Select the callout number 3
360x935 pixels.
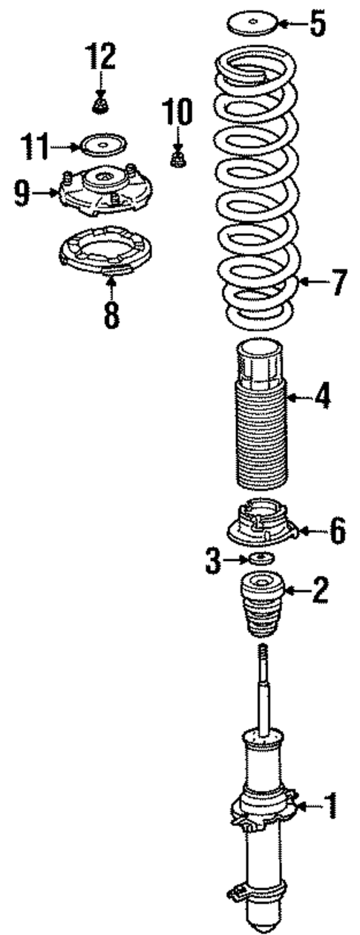coord(214,561)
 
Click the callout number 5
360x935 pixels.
coord(317,24)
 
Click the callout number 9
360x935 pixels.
coord(23,194)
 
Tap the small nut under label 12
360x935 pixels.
coord(99,104)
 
